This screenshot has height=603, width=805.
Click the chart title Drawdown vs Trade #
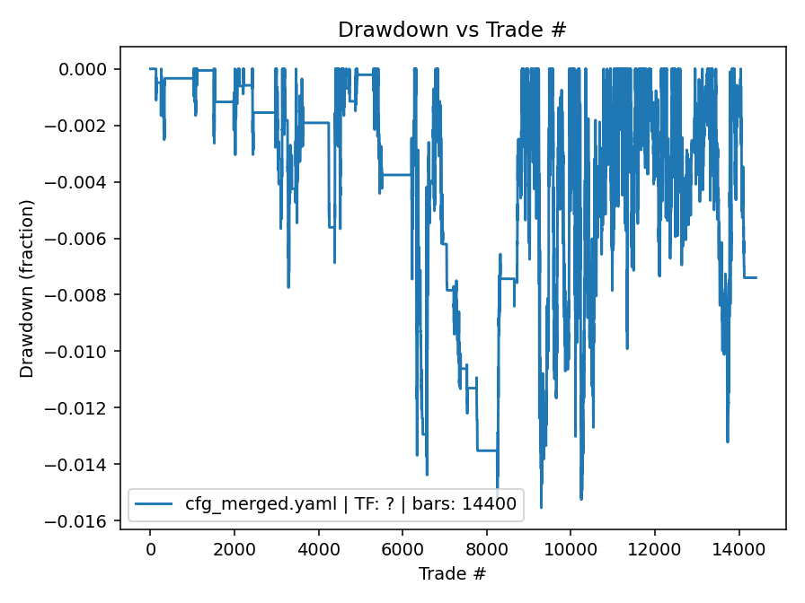(452, 30)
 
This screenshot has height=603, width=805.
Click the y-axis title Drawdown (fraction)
(28, 288)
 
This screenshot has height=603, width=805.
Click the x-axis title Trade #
(452, 572)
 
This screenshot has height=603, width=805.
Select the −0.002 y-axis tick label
(84, 126)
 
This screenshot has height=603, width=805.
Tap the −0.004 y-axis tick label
(84, 182)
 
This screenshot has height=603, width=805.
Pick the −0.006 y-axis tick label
(84, 239)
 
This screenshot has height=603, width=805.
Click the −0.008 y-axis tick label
(84, 295)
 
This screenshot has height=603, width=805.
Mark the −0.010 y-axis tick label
(84, 352)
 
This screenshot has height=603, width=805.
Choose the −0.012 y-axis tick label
(84, 408)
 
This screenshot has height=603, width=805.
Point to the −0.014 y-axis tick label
(84, 465)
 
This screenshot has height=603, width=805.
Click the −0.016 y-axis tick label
(84, 521)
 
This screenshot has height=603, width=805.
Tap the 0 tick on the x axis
(150, 549)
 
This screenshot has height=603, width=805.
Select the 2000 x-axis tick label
(234, 549)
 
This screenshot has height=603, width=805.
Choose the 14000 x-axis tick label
(739, 549)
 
